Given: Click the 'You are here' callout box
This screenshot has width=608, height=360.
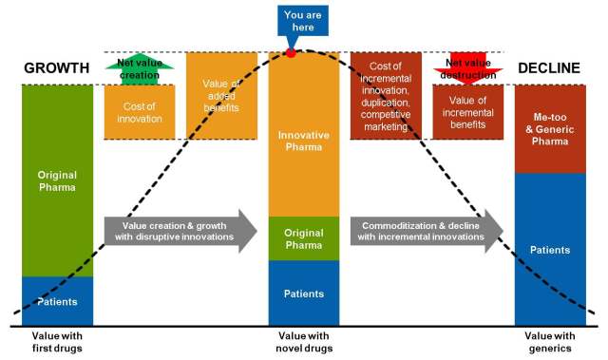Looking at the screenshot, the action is point(303,21).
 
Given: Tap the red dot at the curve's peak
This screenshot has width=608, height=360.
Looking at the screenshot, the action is point(291,53).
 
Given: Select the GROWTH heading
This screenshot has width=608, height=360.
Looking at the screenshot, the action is point(57,68).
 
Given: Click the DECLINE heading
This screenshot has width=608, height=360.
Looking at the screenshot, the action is point(549,68).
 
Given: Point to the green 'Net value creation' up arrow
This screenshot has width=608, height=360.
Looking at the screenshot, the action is point(140,71).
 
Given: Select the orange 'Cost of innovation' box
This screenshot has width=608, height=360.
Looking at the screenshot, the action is point(140,112).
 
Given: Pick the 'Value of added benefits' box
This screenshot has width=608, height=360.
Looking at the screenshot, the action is point(221,96).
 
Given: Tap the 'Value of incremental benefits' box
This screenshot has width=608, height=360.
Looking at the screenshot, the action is point(468,112).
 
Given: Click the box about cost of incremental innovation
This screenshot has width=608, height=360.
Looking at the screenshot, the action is point(386,96).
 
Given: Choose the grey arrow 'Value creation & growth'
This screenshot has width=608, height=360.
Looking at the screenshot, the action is point(180,232).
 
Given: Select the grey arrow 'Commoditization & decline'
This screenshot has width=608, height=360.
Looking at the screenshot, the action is point(427,232).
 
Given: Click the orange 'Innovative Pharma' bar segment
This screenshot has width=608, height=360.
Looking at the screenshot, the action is point(304,135).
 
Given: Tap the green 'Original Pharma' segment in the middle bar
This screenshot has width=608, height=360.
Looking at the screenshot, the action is point(304,238).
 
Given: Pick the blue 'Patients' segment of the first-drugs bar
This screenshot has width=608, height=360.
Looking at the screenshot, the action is point(57,301).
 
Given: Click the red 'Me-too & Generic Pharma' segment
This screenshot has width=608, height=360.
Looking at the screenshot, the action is point(550,129).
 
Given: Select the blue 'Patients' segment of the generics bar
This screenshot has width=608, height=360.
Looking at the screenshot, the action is point(550,250).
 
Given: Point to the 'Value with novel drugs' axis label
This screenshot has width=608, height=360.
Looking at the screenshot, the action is point(304,342).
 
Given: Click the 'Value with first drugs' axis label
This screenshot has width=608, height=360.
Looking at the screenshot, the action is point(57,342).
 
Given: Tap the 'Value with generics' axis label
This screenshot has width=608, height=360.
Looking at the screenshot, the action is point(550,342).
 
